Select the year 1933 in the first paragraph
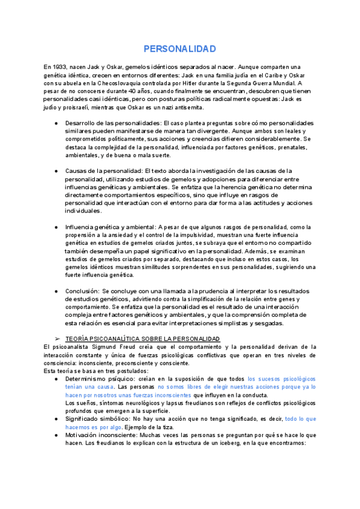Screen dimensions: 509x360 point(60,67)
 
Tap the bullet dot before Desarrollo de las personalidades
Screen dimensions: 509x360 point(56,123)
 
